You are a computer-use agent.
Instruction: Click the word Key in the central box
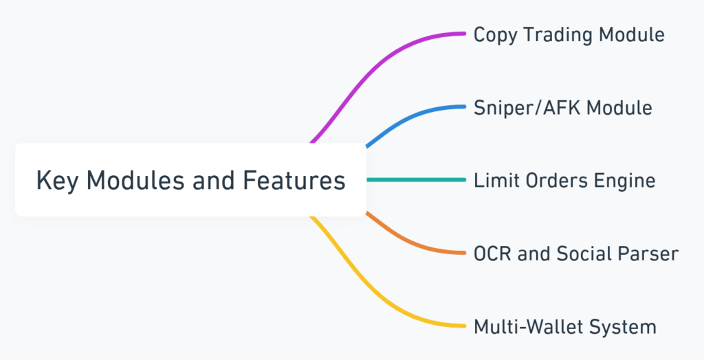click(x=54, y=181)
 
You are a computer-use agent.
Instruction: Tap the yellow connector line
click(x=385, y=295)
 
